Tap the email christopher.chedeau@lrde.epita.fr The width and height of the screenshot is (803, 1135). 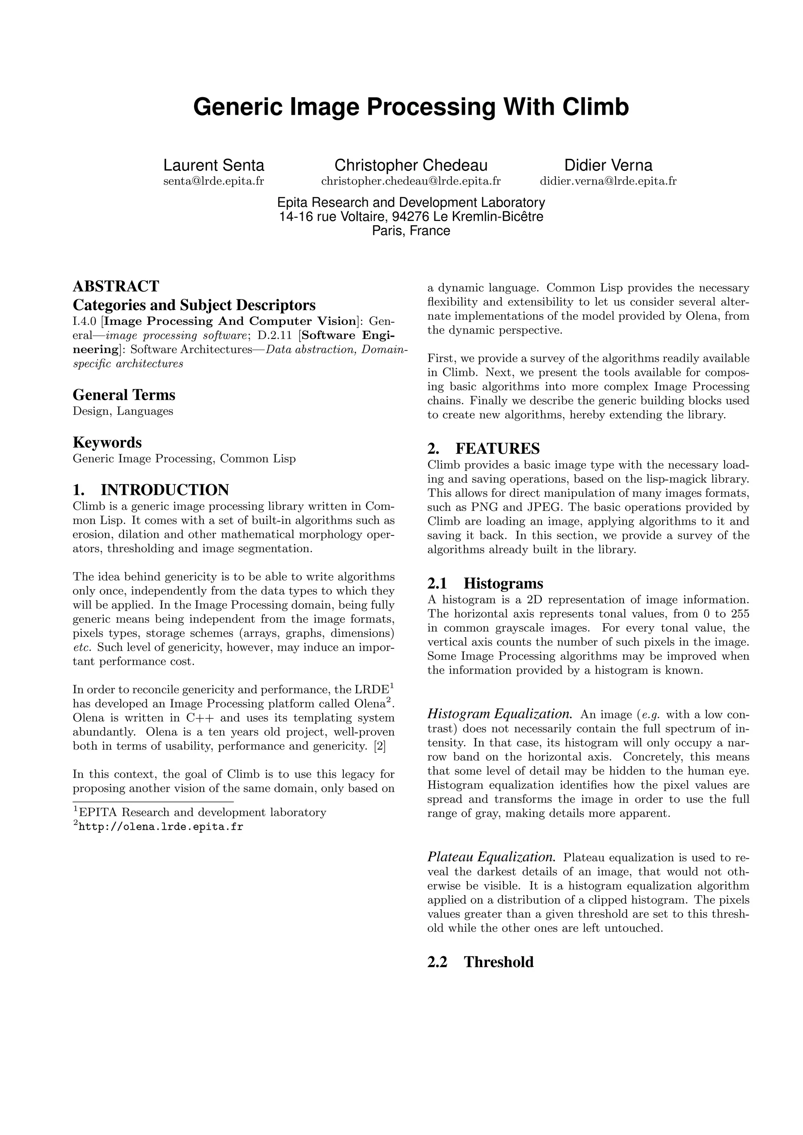(411, 181)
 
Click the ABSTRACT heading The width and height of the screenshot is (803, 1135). (116, 286)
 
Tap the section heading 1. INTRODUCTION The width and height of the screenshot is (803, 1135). (151, 490)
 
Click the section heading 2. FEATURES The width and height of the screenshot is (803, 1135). (483, 449)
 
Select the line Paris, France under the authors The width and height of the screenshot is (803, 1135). (411, 231)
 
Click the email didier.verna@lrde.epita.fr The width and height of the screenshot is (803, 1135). (608, 181)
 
